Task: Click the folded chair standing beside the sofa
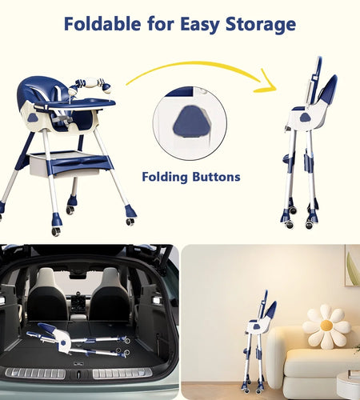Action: click(258, 344)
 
